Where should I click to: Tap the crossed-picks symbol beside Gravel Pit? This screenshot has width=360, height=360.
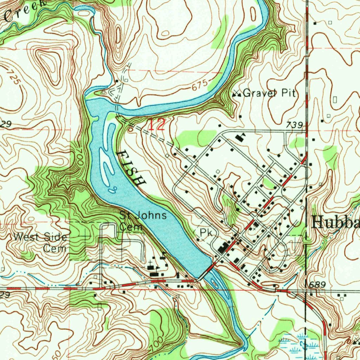coord(237,94)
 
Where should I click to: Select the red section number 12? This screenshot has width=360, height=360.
coord(156,126)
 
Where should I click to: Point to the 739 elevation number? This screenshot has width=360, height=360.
coord(294,125)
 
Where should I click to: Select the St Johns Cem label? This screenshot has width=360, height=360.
coord(143,221)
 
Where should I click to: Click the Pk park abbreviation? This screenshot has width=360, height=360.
coord(205,232)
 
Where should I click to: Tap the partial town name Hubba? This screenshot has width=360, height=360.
coord(335,222)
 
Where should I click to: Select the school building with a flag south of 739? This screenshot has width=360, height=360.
coord(241,137)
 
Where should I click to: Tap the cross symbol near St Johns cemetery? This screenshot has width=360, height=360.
coord(151,262)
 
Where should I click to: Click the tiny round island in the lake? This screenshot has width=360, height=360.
coord(113,190)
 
